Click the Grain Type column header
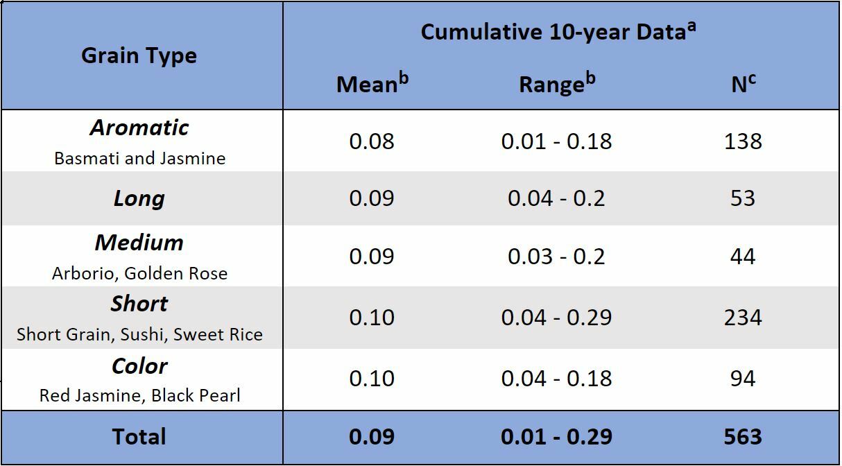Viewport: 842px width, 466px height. [139, 55]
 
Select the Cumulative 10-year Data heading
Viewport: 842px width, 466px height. [558, 32]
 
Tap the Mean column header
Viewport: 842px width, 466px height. [372, 83]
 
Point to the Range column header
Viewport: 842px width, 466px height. [557, 83]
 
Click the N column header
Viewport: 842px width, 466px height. [743, 83]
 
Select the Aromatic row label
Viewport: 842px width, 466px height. [139, 128]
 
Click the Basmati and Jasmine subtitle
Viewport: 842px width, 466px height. [139, 158]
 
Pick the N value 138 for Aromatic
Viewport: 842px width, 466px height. [743, 141]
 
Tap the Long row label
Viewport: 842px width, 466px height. [139, 199]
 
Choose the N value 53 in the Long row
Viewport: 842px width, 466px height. [743, 198]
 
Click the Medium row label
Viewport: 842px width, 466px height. [139, 243]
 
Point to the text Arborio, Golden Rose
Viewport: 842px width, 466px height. [139, 273]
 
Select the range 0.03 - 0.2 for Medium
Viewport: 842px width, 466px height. [556, 257]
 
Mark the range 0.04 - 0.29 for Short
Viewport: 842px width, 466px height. [556, 318]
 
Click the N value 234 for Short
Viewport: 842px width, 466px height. [743, 318]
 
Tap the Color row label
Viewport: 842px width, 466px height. [139, 366]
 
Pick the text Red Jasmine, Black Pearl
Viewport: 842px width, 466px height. [139, 396]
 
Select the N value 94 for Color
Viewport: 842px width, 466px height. [743, 379]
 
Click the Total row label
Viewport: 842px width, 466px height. [139, 437]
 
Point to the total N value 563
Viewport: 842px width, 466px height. [743, 437]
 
